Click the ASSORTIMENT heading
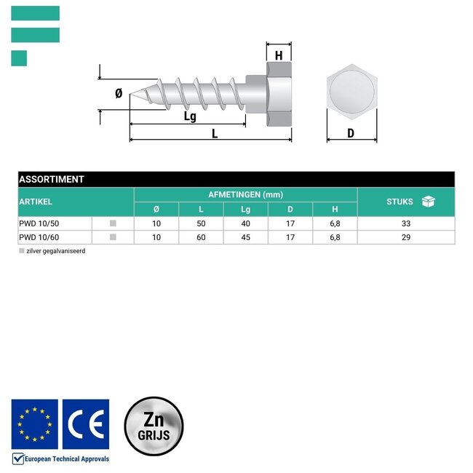(52, 179)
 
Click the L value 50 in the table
(201, 223)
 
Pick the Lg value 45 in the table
(246, 237)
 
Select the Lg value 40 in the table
(246, 223)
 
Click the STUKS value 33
(406, 223)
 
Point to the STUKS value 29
(406, 237)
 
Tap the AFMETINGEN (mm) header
(245, 194)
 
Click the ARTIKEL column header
(36, 202)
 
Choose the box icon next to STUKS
(429, 202)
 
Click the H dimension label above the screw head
(279, 55)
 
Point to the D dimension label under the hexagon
(351, 133)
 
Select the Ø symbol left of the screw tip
(119, 93)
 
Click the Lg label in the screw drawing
(190, 116)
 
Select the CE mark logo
(86, 424)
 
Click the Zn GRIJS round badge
(154, 426)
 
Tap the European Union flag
(35, 424)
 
